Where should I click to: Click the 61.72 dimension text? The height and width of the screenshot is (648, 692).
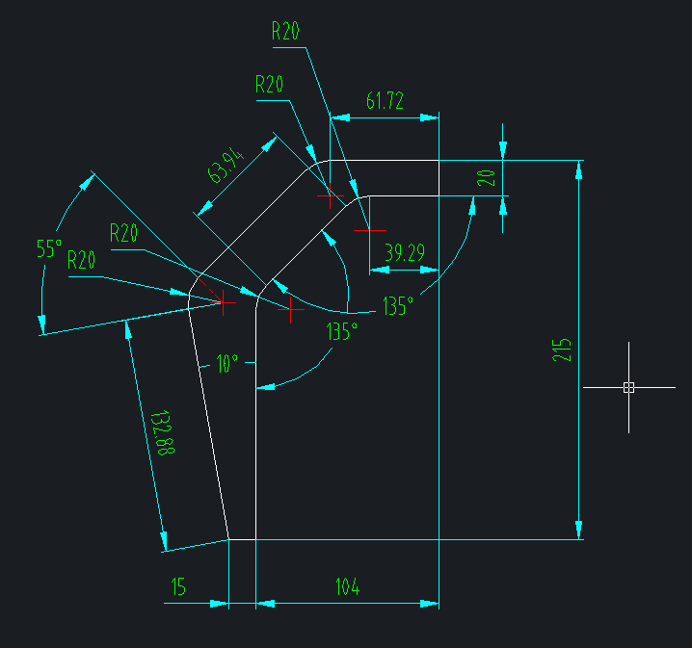coord(385,100)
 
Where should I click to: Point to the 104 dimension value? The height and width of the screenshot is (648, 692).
coord(347,586)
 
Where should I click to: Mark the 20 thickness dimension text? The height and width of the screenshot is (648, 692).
coord(487,177)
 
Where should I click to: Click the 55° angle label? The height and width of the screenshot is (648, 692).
coord(49,248)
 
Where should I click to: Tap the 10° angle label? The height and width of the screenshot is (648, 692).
coord(226,363)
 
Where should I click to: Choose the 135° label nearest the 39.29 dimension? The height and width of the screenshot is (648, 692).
coord(397,306)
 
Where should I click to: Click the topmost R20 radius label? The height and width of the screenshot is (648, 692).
coord(285,31)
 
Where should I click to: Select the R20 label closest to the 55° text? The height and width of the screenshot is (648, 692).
coord(82,259)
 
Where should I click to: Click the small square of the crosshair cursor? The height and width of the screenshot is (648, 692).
coord(628,387)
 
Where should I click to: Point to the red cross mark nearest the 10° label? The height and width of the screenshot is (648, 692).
coord(225,301)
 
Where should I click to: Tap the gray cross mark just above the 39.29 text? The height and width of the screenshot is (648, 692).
coord(369,230)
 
